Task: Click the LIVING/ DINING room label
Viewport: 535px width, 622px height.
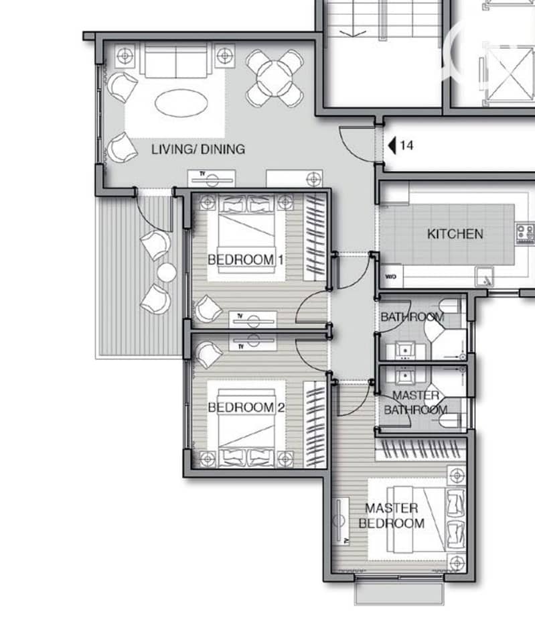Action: tap(198, 149)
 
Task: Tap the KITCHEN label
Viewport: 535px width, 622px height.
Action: tap(455, 234)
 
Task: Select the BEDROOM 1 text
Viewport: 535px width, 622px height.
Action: tap(246, 260)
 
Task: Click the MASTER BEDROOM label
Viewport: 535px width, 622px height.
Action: tap(392, 515)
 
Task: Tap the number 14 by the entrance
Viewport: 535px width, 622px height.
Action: tap(406, 145)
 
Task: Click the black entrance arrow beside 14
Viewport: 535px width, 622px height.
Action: tap(392, 145)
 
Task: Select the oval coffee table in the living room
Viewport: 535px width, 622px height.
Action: tap(181, 103)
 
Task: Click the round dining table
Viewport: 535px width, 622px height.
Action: tap(275, 78)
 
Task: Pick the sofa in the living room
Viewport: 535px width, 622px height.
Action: tap(175, 61)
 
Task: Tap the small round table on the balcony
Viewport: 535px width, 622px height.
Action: tap(167, 273)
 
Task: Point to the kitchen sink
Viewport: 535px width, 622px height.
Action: tap(485, 277)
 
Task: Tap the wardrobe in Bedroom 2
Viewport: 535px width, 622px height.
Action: tap(315, 424)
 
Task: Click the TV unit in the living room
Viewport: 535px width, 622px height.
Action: tap(211, 178)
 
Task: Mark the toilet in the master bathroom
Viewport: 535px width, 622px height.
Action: tap(453, 420)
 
